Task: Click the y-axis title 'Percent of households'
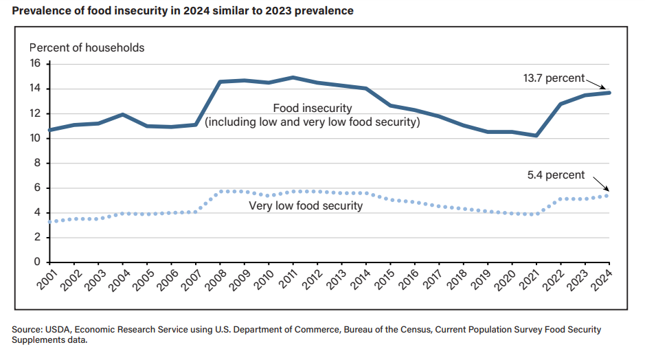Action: click(x=87, y=47)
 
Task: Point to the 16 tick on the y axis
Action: click(x=36, y=64)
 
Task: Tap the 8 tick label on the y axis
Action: click(x=38, y=164)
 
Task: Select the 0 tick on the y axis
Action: click(x=38, y=262)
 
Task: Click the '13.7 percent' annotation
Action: click(x=554, y=78)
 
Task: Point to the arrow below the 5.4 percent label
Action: click(x=599, y=183)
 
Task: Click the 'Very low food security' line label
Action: click(x=306, y=205)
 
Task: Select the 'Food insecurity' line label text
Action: click(x=313, y=109)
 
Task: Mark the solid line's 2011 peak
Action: click(x=293, y=78)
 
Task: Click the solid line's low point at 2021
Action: click(x=536, y=135)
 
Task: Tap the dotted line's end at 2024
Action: click(x=609, y=195)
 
